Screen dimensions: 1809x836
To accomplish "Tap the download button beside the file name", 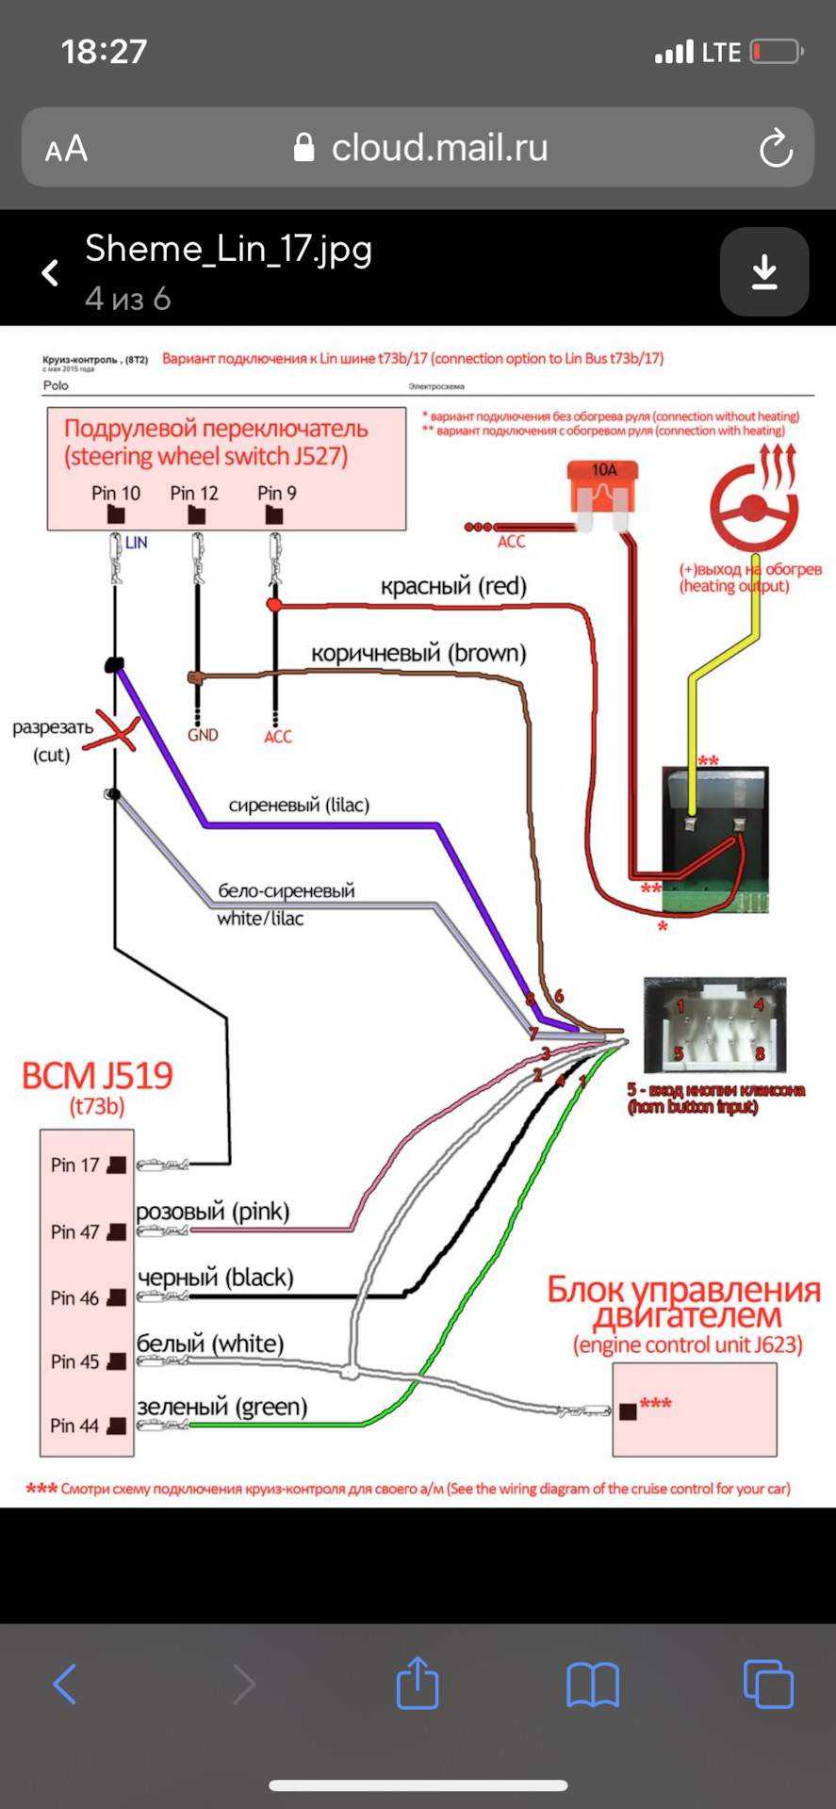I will point(764,272).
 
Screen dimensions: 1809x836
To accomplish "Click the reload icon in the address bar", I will point(776,148).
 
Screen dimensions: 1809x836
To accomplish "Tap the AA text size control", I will point(66,149).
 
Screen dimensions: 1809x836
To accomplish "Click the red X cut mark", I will point(113,732).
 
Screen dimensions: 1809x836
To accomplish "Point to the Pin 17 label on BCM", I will point(74,1165).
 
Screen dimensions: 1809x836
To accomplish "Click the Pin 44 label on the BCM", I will point(74,1426).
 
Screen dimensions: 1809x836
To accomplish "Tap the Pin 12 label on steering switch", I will point(194,494).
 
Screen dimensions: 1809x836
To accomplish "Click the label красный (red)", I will point(453,586).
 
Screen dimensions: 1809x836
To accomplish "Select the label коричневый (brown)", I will point(418,653).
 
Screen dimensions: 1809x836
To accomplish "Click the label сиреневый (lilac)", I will point(299,805).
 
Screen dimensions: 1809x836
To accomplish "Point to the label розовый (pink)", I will point(213,1211).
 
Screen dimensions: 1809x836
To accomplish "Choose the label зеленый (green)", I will point(222,1407).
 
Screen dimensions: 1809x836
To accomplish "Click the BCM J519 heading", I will point(97,1076).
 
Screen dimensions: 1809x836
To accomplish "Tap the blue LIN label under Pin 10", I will point(136,543).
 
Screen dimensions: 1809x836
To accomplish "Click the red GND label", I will point(203,735).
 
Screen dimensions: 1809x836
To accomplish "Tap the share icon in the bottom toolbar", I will point(418,1684).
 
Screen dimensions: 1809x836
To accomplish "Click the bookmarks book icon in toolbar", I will point(593,1685).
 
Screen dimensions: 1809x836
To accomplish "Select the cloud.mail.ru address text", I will point(439,148).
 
